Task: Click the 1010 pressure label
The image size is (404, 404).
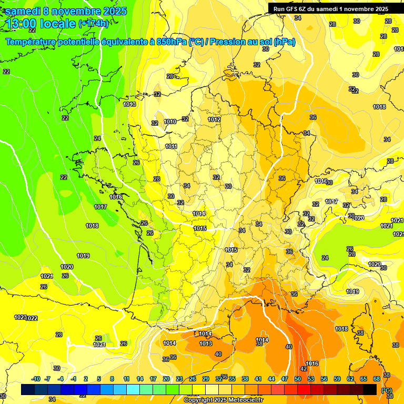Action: click(x=170, y=122)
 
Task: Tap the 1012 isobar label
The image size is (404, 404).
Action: click(x=214, y=119)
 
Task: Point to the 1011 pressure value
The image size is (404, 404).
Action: click(x=171, y=146)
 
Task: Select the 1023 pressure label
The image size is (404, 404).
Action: click(x=21, y=317)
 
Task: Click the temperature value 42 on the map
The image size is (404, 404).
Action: click(x=304, y=369)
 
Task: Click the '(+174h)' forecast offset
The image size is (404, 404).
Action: click(x=94, y=23)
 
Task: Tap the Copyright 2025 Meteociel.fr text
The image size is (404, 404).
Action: click(x=224, y=400)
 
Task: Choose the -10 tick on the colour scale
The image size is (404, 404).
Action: click(x=36, y=379)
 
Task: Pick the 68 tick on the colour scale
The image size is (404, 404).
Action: click(x=377, y=379)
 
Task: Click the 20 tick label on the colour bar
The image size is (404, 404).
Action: click(x=166, y=379)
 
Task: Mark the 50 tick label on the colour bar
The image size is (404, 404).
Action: click(x=298, y=379)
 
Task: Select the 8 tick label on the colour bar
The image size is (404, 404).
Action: click(x=112, y=379)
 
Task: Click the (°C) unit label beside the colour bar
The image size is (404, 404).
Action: click(x=387, y=390)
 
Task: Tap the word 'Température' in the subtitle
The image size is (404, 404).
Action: click(x=33, y=42)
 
